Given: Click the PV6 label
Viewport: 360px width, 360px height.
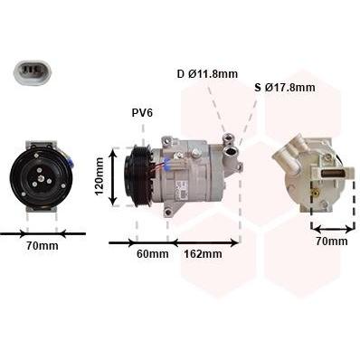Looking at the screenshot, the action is (x=142, y=113).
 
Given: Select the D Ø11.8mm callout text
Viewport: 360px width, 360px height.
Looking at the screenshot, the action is (x=207, y=73).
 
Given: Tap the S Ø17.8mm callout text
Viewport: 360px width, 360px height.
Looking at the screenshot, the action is (x=285, y=88).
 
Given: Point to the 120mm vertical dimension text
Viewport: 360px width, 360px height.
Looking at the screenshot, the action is (x=99, y=176).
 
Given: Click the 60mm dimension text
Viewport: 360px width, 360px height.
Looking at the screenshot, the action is (x=153, y=254).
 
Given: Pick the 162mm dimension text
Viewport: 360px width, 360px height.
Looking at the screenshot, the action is (x=203, y=254).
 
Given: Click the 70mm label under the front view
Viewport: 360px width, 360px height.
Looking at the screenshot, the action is (x=43, y=246).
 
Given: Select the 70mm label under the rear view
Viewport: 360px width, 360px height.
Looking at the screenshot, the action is (x=332, y=242).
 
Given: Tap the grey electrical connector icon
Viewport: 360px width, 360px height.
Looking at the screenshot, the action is (x=33, y=72).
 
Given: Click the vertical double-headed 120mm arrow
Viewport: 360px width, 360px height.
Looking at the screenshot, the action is (x=113, y=177).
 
